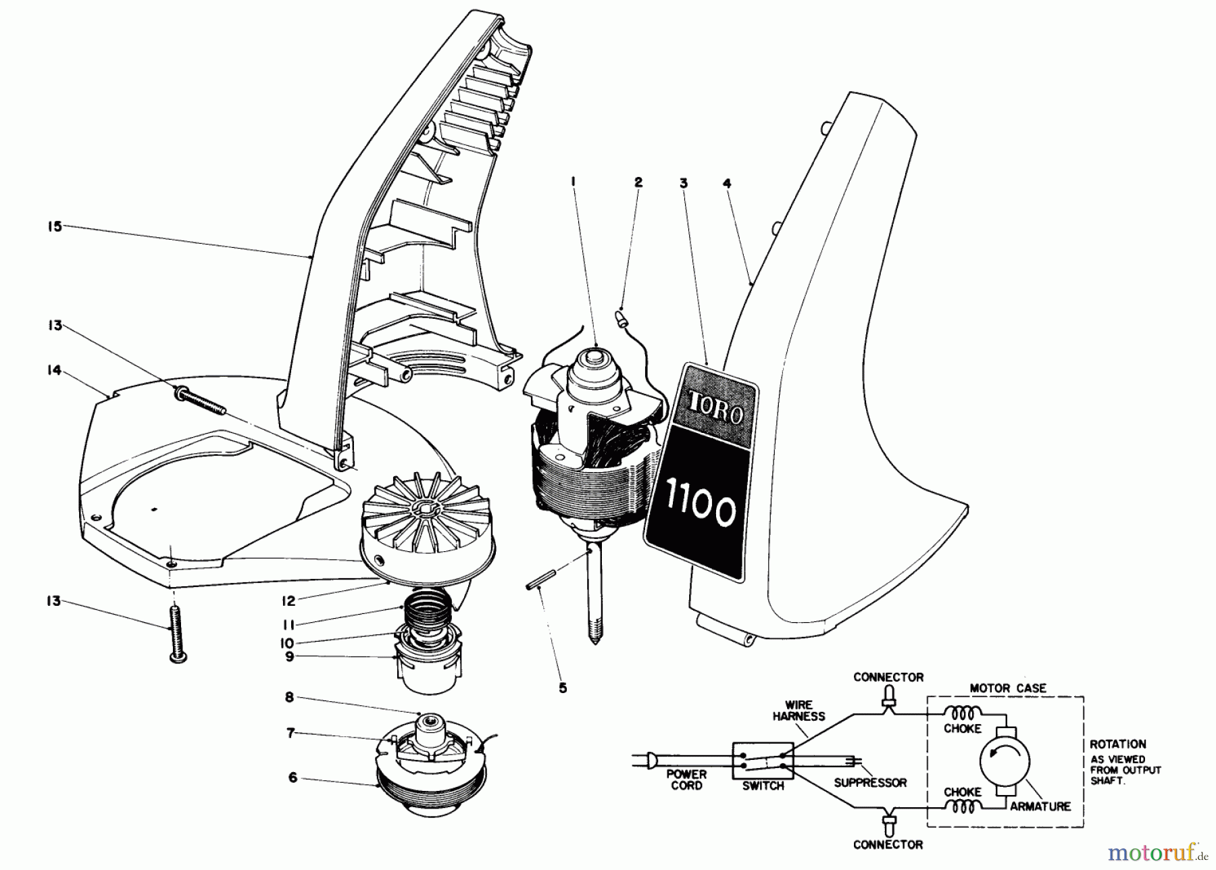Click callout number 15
54,226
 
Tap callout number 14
54,370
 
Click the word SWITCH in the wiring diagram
763,786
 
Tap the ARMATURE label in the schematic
1040,807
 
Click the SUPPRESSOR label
870,783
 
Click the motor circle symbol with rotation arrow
1005,761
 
